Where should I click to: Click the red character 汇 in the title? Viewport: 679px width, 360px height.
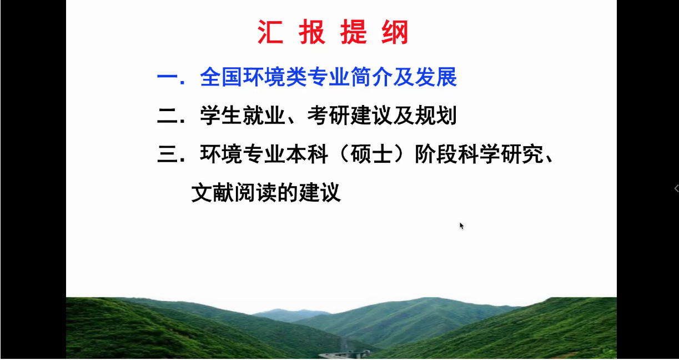[x=270, y=32]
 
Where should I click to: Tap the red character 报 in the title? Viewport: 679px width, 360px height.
[x=312, y=32]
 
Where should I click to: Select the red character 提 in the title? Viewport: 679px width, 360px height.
[x=354, y=32]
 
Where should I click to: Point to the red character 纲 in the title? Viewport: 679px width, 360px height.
[x=395, y=32]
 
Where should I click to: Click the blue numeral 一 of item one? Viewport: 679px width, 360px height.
[x=167, y=77]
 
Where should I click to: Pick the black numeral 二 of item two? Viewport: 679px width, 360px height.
[x=167, y=116]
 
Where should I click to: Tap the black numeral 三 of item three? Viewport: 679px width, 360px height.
[x=167, y=154]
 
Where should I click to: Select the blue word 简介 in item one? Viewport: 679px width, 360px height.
[x=371, y=77]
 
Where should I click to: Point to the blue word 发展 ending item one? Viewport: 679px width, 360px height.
[x=436, y=77]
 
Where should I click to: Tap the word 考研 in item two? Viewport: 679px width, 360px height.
[x=328, y=115]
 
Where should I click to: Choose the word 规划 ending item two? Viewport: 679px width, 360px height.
[x=436, y=115]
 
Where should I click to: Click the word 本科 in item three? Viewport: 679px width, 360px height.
[x=307, y=154]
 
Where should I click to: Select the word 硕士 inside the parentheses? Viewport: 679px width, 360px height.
[x=371, y=154]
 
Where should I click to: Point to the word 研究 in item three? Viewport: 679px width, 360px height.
[x=522, y=154]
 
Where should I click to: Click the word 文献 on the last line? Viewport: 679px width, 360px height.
[x=212, y=192]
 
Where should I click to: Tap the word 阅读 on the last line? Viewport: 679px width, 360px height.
[x=255, y=192]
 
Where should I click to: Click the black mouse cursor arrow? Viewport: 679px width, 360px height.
[x=462, y=226]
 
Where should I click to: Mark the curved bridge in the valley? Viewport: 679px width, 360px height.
[x=344, y=354]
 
